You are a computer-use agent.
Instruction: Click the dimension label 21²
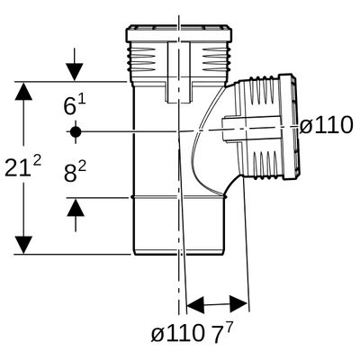tap(23, 167)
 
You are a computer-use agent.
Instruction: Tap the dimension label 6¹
tap(75, 104)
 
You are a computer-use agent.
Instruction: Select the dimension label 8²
tap(75, 172)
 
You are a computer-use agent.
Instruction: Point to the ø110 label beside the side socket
tap(326, 125)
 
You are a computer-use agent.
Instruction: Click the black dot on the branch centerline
tap(76, 131)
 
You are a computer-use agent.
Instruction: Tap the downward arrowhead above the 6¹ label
tap(75, 72)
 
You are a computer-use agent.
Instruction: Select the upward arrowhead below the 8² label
tap(76, 207)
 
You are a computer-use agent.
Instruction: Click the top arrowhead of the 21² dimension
tap(23, 91)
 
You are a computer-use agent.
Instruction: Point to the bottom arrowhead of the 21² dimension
tap(23, 245)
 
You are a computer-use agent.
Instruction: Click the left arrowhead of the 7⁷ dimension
tap(195, 305)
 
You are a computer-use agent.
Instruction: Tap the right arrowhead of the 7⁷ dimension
tap(238, 303)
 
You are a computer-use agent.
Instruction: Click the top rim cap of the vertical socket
tap(179, 33)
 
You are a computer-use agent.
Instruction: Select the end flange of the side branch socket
tap(287, 126)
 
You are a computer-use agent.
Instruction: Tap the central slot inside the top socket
tap(179, 72)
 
